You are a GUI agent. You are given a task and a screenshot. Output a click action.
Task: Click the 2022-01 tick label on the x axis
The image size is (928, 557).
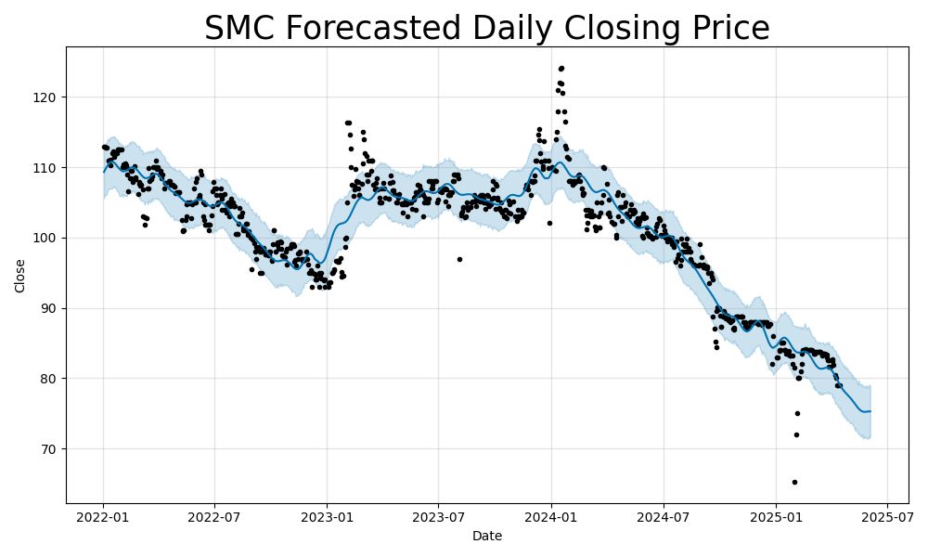(103, 516)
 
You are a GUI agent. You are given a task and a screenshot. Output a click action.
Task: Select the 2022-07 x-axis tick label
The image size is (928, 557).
(214, 516)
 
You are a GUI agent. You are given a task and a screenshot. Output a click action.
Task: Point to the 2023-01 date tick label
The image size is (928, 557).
(327, 516)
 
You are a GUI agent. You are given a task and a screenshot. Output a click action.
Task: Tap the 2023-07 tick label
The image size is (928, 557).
(438, 516)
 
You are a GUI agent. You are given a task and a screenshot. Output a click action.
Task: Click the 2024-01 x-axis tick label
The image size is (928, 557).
(551, 516)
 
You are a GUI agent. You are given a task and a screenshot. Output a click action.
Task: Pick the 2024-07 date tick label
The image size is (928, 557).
(663, 516)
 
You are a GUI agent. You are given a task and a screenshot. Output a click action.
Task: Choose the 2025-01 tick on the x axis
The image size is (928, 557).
(776, 516)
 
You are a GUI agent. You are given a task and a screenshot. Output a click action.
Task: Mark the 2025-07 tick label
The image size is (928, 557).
(886, 516)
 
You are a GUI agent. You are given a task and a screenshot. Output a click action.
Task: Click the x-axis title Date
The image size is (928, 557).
(487, 537)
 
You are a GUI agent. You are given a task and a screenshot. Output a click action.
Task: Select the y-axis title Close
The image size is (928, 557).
(20, 276)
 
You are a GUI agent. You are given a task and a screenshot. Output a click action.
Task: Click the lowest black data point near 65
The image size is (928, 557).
(794, 482)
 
